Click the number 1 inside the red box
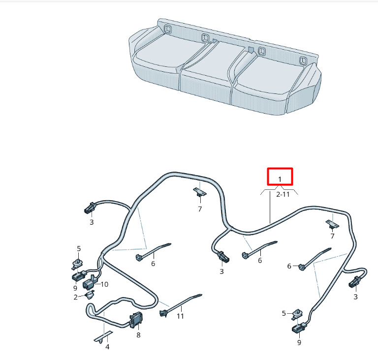point(280,180)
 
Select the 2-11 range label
point(283,194)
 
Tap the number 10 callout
point(104,284)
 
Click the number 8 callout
point(138,335)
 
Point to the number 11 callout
point(180,316)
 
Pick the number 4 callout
point(107,347)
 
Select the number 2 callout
point(75,297)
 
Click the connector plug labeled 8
point(136,320)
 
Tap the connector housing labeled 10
point(90,282)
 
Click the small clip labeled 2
point(90,295)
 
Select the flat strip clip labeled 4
point(103,336)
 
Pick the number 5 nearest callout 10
point(79,249)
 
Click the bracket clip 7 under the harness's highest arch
point(200,192)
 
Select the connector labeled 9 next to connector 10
point(79,275)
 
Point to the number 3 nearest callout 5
point(92,222)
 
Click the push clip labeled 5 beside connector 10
point(77,264)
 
